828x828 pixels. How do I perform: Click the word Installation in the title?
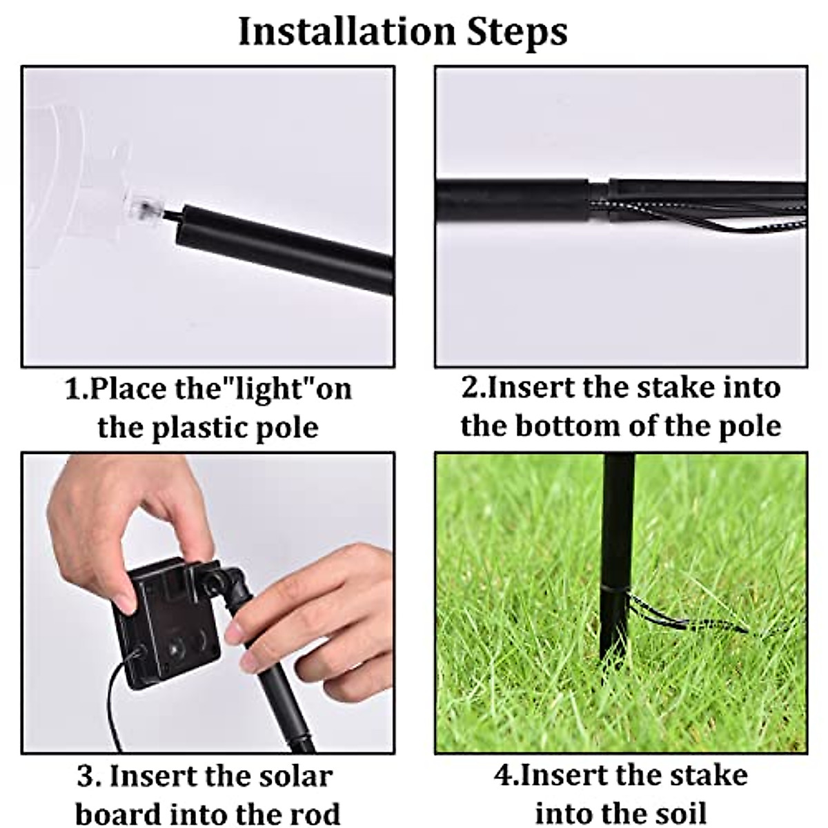[346, 31]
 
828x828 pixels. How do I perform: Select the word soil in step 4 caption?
[680, 813]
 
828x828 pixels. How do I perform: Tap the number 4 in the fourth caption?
[502, 776]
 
